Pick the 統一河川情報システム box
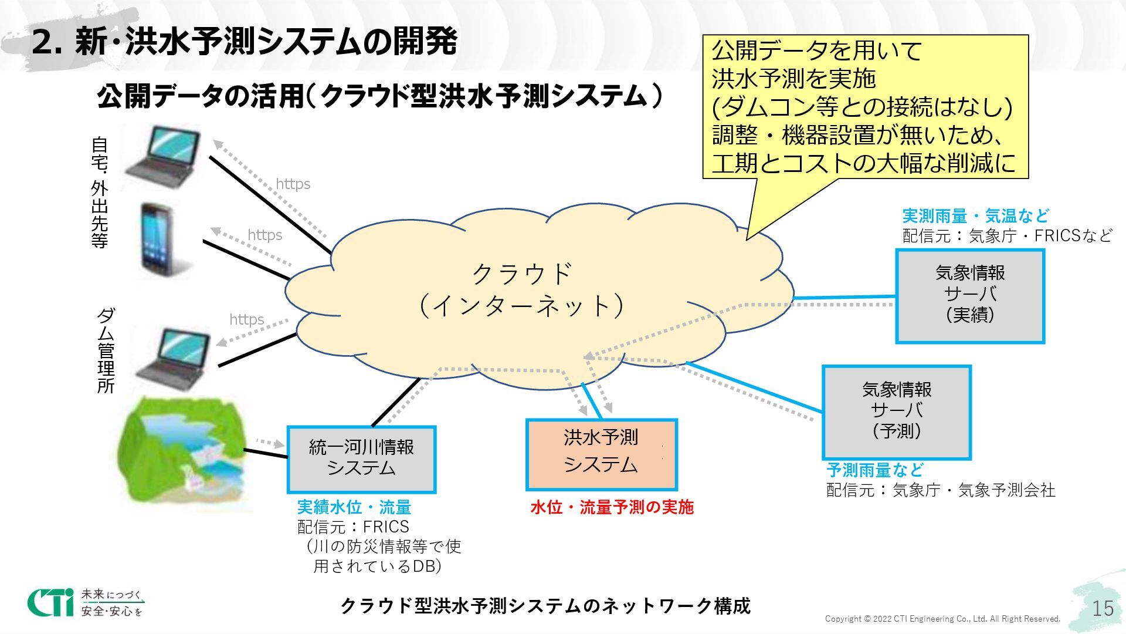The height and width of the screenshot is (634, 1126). click(x=361, y=459)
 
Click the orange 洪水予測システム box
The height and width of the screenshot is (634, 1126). click(x=601, y=454)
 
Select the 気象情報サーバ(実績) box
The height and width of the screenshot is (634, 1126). click(x=970, y=295)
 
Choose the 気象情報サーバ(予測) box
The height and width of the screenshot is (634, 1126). click(x=896, y=412)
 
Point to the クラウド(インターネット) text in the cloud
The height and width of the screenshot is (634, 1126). click(x=521, y=290)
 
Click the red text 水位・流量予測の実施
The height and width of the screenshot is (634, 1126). click(x=612, y=507)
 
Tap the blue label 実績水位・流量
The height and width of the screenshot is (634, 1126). click(x=354, y=507)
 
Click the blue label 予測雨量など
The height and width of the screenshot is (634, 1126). click(x=874, y=470)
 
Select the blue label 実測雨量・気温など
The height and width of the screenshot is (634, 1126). click(x=975, y=216)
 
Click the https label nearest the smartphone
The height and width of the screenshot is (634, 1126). click(x=264, y=235)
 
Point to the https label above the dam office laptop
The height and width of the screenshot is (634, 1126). click(x=246, y=319)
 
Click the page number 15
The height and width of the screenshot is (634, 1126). click(x=1103, y=608)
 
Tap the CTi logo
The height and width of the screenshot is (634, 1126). click(x=50, y=602)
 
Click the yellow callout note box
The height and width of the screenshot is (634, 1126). click(x=865, y=106)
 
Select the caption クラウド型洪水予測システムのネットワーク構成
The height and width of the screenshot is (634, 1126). click(x=545, y=605)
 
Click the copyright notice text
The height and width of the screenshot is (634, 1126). click(x=942, y=619)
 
